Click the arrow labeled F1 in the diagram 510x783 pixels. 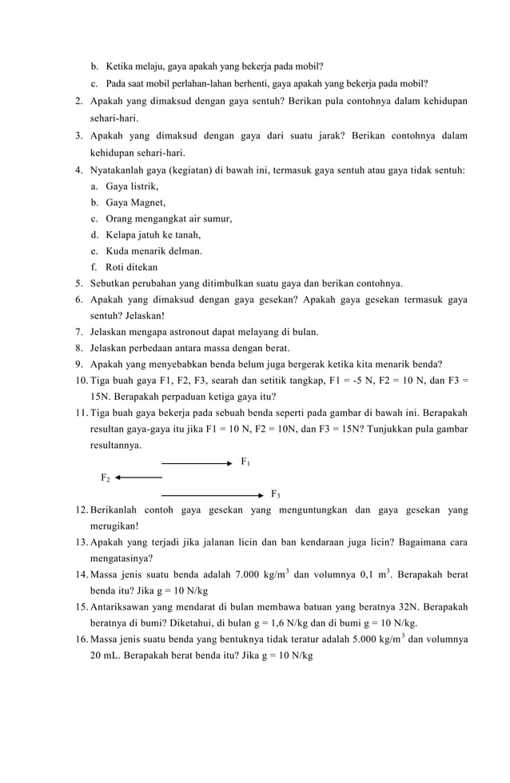tap(197, 463)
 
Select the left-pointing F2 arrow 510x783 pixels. tap(138, 478)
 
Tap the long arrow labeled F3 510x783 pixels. tap(212, 495)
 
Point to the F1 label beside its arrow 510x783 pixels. tap(245, 462)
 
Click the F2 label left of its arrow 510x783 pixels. tap(105, 478)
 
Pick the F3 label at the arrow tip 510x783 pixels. tap(276, 494)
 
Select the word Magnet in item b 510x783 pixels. tap(148, 202)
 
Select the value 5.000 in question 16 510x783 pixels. tap(373, 640)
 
